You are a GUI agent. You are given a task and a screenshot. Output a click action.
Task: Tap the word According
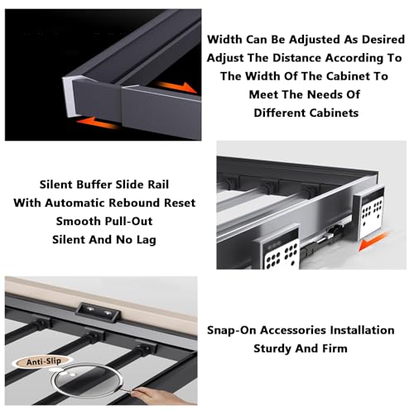(352, 58)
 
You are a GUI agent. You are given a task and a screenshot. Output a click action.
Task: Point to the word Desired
(383, 40)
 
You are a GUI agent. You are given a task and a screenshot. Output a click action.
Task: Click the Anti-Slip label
(44, 362)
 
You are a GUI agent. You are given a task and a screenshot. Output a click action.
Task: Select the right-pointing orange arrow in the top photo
(177, 87)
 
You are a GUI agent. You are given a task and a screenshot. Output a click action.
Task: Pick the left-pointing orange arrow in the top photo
(97, 123)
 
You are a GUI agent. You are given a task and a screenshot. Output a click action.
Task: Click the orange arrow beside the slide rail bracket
(373, 241)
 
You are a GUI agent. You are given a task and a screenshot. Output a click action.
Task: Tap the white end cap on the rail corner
(69, 95)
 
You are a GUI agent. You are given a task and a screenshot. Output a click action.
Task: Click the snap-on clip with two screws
(98, 312)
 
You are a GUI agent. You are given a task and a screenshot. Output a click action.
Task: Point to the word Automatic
(75, 203)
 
